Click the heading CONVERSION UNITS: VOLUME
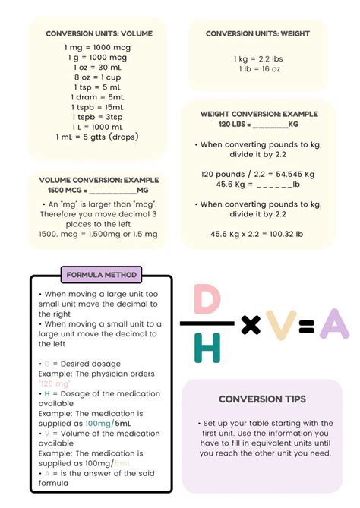(99, 33)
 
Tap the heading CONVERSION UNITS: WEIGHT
(257, 33)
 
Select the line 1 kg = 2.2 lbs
(257, 58)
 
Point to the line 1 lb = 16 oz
(257, 68)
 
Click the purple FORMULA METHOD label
(101, 274)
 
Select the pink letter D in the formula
(207, 299)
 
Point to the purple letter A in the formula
(334, 325)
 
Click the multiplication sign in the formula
(250, 326)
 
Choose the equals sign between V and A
(306, 326)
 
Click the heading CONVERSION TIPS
(262, 399)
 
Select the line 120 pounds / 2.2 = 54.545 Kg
(257, 173)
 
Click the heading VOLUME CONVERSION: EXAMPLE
(99, 180)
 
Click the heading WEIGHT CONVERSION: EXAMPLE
(257, 114)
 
